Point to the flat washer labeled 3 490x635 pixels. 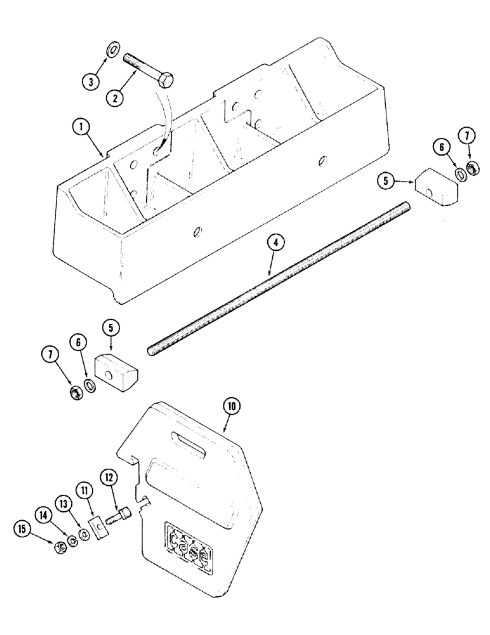(x=112, y=49)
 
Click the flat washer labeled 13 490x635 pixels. (x=82, y=536)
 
